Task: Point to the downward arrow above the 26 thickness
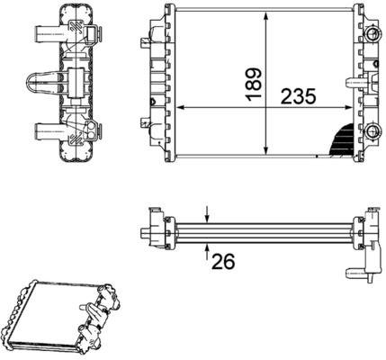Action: [207, 214]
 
